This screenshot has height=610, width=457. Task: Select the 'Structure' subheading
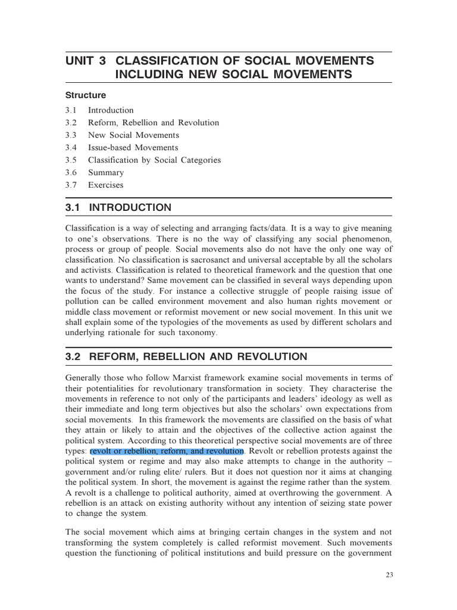pyautogui.click(x=86, y=95)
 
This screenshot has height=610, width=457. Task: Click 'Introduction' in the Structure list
pyautogui.click(x=111, y=110)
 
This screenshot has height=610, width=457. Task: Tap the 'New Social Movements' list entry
pyautogui.click(x=133, y=135)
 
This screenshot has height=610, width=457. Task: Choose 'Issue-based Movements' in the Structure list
pyautogui.click(x=133, y=148)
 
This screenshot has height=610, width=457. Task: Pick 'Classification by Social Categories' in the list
pyautogui.click(x=154, y=160)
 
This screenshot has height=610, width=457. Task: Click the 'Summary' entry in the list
pyautogui.click(x=106, y=173)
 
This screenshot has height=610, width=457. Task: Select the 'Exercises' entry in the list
pyautogui.click(x=106, y=185)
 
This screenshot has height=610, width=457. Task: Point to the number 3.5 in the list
pyautogui.click(x=71, y=160)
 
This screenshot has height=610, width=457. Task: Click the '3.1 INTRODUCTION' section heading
pyautogui.click(x=118, y=208)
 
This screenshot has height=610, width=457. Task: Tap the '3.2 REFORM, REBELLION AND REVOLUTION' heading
pyautogui.click(x=186, y=357)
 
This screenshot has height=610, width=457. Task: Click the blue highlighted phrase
pyautogui.click(x=167, y=451)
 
